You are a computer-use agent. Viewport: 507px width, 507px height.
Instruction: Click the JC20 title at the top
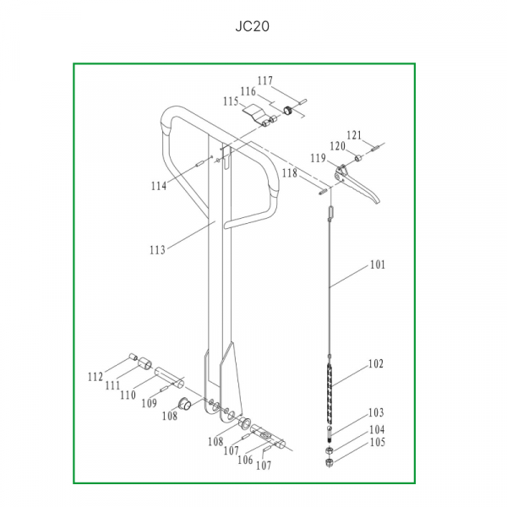(252, 26)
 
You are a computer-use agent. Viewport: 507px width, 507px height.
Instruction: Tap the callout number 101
(378, 264)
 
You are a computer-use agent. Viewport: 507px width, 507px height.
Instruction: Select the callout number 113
(157, 250)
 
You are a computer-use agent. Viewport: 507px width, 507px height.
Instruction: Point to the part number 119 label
(319, 158)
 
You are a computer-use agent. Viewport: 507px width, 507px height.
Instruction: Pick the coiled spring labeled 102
(330, 393)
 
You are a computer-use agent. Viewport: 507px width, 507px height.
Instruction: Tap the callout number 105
(378, 442)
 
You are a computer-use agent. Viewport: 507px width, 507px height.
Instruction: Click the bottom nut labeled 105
(329, 463)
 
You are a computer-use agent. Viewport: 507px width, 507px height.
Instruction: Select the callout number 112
(95, 377)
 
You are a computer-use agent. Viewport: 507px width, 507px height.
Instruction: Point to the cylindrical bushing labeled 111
(144, 364)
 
